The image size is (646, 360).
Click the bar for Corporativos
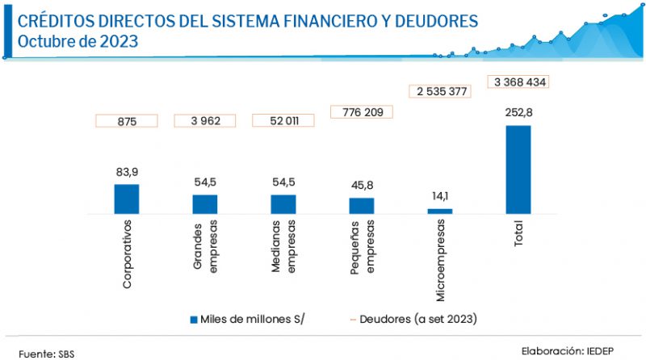click(126, 199)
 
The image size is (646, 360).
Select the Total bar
click(518, 170)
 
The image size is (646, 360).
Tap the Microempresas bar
click(440, 211)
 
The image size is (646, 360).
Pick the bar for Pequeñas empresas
click(362, 206)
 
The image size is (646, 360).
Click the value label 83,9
click(127, 173)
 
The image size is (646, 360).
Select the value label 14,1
click(440, 196)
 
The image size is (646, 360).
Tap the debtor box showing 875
click(127, 121)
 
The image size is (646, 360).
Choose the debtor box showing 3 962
click(205, 121)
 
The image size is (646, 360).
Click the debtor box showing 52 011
click(283, 121)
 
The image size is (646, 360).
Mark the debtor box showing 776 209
click(362, 112)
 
